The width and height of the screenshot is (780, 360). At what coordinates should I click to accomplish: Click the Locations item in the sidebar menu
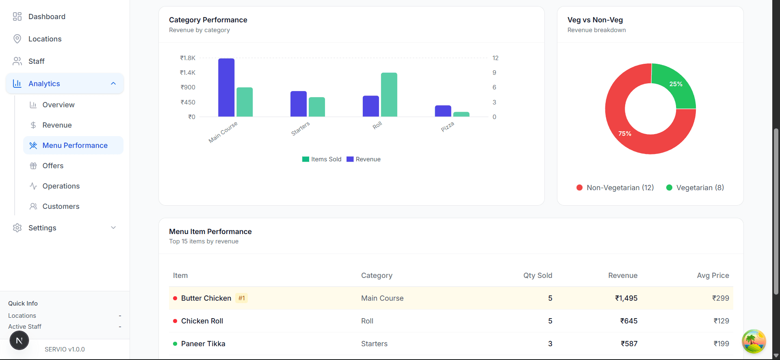[45, 39]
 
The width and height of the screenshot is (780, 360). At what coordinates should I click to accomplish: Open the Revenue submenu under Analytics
[57, 125]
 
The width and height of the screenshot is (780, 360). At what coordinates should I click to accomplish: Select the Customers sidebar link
[61, 206]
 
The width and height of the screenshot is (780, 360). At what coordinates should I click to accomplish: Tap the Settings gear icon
[17, 228]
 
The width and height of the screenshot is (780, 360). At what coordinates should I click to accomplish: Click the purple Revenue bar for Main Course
[226, 88]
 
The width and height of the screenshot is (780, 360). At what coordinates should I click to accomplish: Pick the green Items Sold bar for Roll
[389, 95]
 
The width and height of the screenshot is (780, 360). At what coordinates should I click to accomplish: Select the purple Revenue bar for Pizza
[443, 111]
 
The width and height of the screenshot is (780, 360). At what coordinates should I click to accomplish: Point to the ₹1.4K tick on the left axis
[188, 73]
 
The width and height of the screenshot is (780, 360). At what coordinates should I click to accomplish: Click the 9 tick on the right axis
[494, 73]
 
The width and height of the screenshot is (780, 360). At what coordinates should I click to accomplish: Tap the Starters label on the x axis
[301, 128]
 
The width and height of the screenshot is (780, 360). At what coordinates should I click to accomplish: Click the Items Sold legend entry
[322, 159]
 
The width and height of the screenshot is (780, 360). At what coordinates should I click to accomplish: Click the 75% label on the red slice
[625, 134]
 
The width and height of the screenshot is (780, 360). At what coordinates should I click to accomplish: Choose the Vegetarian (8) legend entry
[695, 188]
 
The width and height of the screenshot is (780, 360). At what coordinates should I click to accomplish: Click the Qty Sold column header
[537, 275]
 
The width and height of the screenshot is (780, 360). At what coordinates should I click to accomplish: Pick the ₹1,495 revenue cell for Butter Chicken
[626, 298]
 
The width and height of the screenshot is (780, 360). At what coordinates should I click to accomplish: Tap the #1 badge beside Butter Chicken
[242, 298]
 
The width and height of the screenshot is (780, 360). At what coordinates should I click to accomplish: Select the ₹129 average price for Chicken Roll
[721, 321]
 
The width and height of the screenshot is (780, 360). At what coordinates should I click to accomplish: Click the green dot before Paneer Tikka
[175, 344]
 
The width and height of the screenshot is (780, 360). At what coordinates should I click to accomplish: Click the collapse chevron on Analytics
[113, 84]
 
